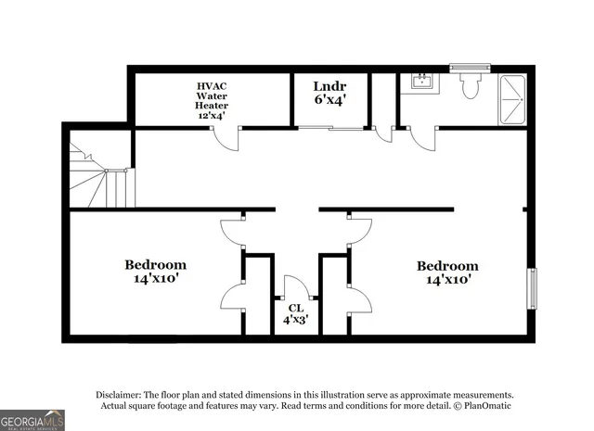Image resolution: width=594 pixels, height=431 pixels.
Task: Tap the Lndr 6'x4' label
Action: (329, 93)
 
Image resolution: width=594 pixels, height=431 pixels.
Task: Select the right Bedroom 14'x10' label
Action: (447, 272)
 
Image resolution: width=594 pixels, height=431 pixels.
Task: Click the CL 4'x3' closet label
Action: (295, 313)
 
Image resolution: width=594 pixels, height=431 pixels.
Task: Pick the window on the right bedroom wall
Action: (532, 288)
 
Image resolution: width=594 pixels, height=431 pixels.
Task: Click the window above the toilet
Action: (463, 67)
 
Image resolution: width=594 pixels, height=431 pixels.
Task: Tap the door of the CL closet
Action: (296, 287)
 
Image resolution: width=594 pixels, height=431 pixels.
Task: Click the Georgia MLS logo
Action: (32, 420)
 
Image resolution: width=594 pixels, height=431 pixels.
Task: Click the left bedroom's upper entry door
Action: (232, 233)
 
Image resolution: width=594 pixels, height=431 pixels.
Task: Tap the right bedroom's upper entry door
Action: (360, 233)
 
